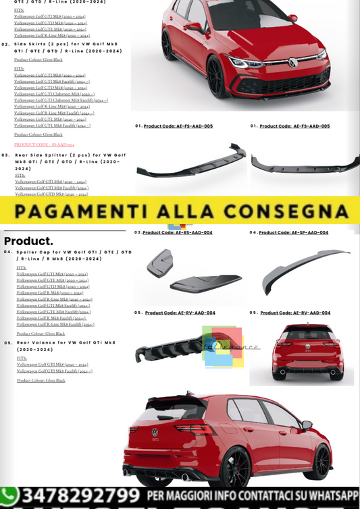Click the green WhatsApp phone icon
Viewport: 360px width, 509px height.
pyautogui.click(x=9, y=498)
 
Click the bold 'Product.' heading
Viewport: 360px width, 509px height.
pyautogui.click(x=28, y=241)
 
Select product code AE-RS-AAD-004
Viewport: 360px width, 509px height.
pyautogui.click(x=177, y=232)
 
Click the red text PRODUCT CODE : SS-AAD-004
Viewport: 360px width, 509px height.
pyautogui.click(x=45, y=144)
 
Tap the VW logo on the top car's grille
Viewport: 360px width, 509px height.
pyautogui.click(x=293, y=62)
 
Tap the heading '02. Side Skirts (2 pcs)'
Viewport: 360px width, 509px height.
pyautogui.click(x=68, y=47)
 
